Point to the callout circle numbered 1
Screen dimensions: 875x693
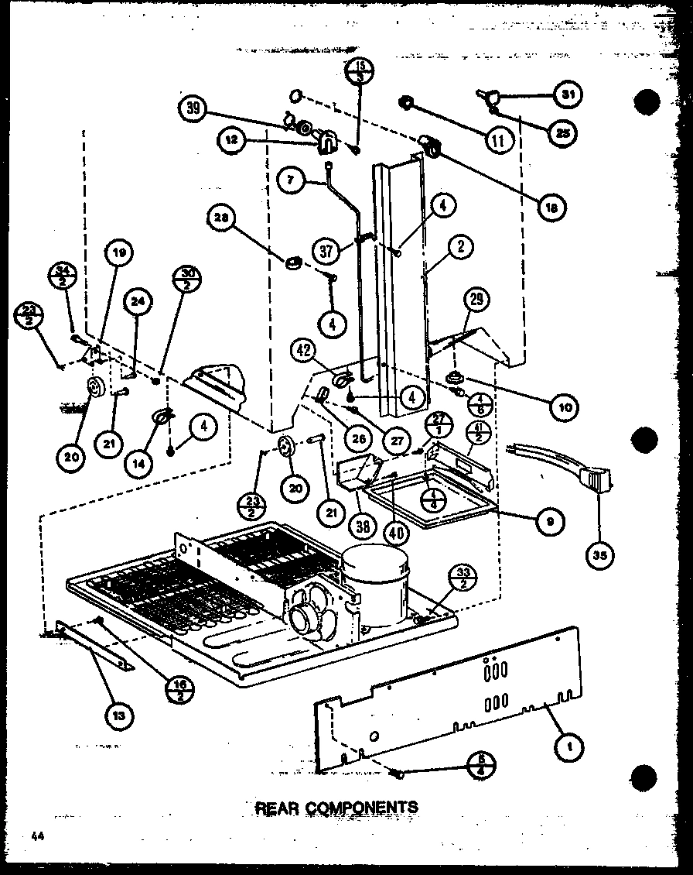[x=569, y=747]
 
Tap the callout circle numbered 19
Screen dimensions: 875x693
[x=121, y=252]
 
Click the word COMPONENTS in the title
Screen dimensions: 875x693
[x=367, y=807]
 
